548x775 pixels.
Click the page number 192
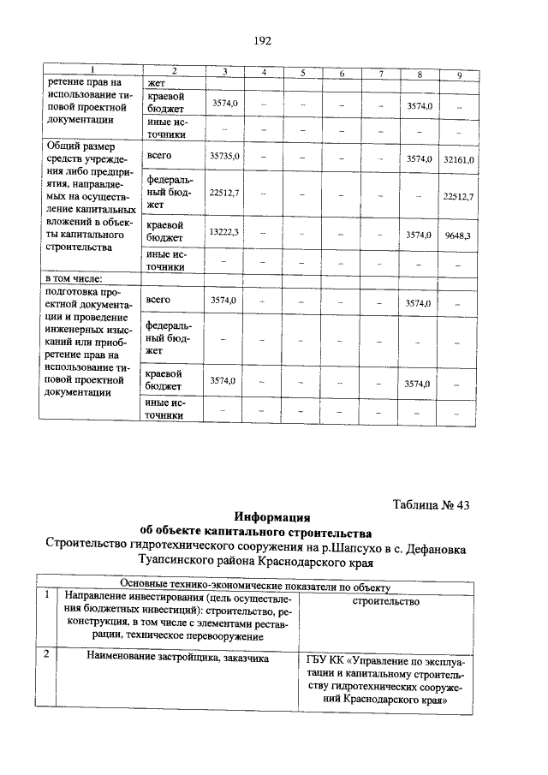point(263,41)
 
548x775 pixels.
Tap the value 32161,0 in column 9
point(458,159)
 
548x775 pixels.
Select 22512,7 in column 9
point(458,196)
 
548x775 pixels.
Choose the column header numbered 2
point(174,71)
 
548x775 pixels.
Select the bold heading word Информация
point(272,517)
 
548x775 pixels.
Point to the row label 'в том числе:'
point(74,278)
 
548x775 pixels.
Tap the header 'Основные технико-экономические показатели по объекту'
point(255,587)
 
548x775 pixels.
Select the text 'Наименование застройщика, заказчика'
point(178,658)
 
